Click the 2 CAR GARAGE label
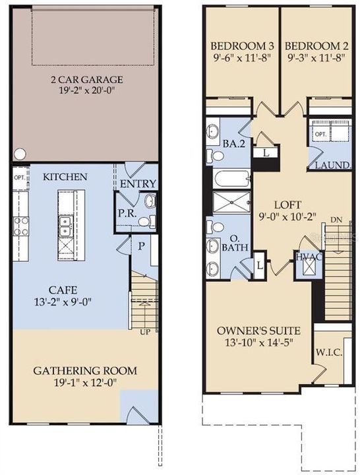tap(88, 81)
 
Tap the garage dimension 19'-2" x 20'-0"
tap(88, 94)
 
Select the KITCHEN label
tap(65, 177)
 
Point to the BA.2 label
tap(230, 144)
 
